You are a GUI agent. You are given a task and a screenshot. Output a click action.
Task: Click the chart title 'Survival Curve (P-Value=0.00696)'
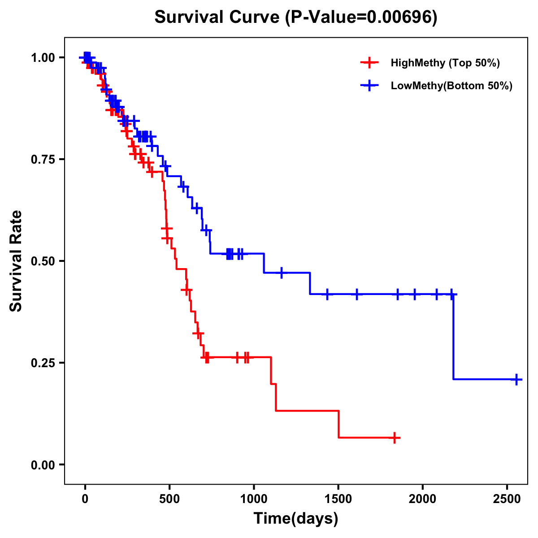(295, 17)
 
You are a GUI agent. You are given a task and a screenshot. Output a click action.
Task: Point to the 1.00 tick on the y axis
(43, 58)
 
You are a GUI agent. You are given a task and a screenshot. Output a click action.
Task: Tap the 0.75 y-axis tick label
(43, 160)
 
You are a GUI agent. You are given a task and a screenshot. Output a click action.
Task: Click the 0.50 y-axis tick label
(43, 261)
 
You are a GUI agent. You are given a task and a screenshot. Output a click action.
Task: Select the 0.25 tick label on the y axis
(43, 363)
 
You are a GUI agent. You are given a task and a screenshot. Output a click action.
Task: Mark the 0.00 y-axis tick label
(43, 465)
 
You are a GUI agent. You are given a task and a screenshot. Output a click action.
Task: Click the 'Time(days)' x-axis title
(296, 519)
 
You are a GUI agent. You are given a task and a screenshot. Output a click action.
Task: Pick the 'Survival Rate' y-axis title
(16, 260)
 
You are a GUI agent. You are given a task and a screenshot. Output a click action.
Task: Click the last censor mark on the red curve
(395, 438)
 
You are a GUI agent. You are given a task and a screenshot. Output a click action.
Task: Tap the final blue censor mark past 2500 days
(516, 379)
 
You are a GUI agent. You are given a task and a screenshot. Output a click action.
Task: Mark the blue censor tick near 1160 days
(281, 273)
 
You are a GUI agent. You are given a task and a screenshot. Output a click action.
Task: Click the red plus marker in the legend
(369, 63)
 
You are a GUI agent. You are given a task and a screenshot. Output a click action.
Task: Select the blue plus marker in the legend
(369, 86)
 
